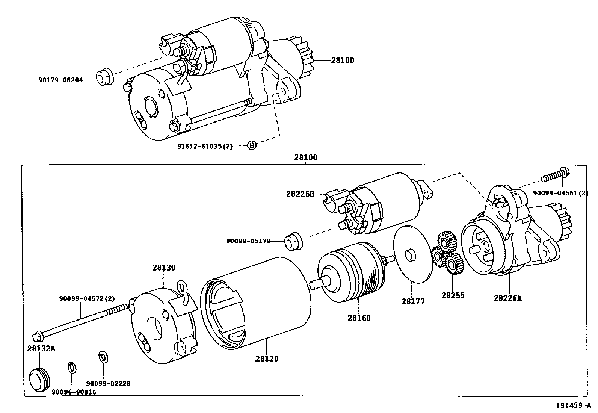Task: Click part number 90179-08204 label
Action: pos(60,79)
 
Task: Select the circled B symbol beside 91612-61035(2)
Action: pos(252,145)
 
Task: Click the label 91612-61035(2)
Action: pos(205,146)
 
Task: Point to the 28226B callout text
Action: pos(300,194)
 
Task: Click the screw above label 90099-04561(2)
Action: pos(555,175)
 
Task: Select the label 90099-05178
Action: pos(248,241)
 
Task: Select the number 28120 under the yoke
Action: pos(267,359)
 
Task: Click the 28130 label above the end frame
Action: pos(164,268)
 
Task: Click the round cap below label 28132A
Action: pos(39,380)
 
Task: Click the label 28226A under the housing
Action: pos(507,298)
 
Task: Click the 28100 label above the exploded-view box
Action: pos(305,157)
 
